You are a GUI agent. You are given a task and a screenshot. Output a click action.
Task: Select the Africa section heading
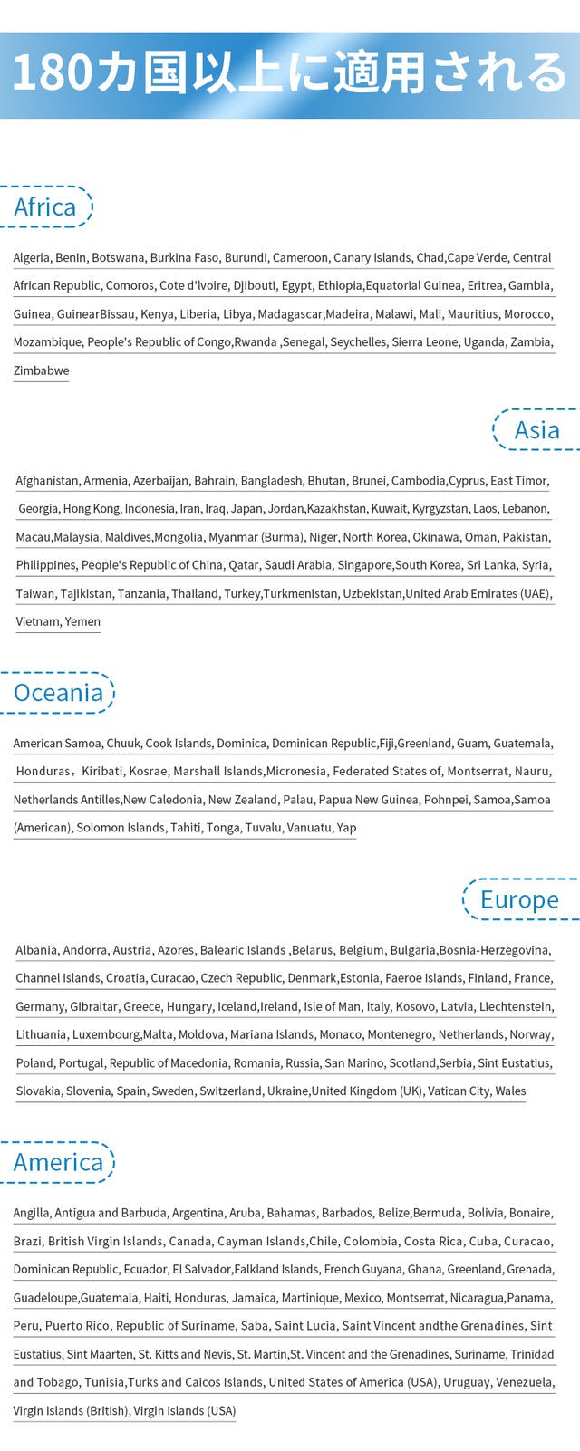[x=44, y=207]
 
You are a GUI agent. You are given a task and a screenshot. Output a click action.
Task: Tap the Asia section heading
[x=536, y=429]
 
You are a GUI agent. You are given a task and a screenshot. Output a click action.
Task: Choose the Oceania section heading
[x=58, y=693]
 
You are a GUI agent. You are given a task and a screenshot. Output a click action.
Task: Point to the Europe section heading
[x=519, y=899]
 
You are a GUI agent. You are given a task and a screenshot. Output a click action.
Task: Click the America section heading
[x=58, y=1162]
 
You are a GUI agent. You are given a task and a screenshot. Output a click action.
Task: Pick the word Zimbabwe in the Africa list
[x=41, y=370]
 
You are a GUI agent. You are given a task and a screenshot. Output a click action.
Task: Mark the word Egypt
[x=296, y=285]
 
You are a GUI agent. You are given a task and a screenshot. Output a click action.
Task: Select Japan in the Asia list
[x=247, y=509]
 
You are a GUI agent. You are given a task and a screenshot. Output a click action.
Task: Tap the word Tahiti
[x=188, y=828]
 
